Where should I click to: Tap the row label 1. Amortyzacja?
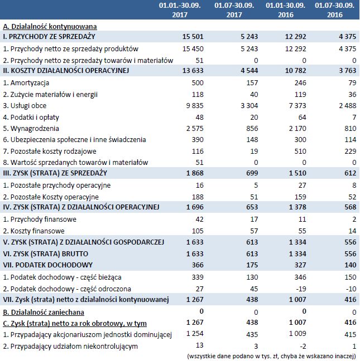[x=27, y=82]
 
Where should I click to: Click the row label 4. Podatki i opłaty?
[x=34, y=116]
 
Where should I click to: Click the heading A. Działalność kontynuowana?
[x=50, y=26]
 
